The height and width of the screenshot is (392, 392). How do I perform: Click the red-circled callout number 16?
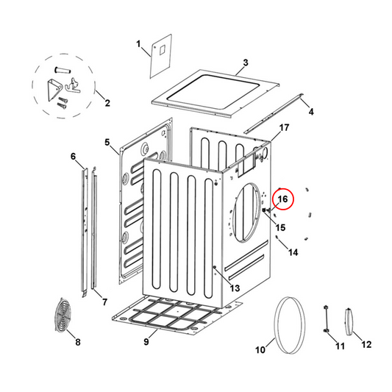tap(283, 199)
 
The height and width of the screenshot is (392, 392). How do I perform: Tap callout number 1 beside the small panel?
tap(138, 44)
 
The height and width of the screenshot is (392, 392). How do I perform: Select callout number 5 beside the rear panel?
tap(107, 142)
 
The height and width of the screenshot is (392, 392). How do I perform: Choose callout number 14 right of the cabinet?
tap(293, 252)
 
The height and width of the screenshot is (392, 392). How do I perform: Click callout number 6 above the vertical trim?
tap(73, 157)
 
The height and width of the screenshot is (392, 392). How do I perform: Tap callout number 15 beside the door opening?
tap(280, 227)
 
